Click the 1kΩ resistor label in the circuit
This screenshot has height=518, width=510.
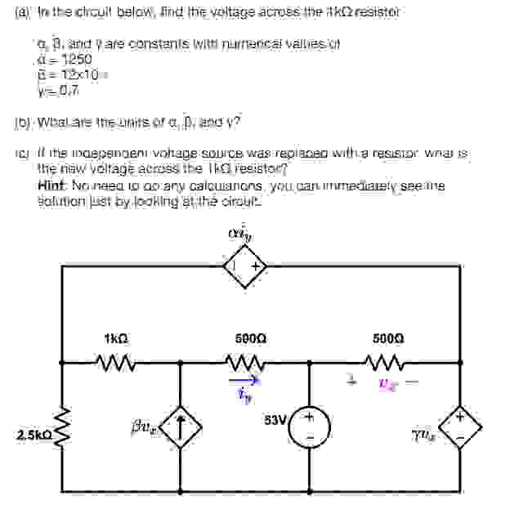pyautogui.click(x=115, y=337)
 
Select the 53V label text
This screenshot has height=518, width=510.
pyautogui.click(x=275, y=420)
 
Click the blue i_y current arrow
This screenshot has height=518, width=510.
pyautogui.click(x=244, y=379)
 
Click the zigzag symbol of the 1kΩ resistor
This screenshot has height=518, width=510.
pyautogui.click(x=114, y=359)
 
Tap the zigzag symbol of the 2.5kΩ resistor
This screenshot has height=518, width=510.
pyautogui.click(x=64, y=430)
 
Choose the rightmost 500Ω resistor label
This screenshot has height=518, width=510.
pyautogui.click(x=384, y=337)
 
